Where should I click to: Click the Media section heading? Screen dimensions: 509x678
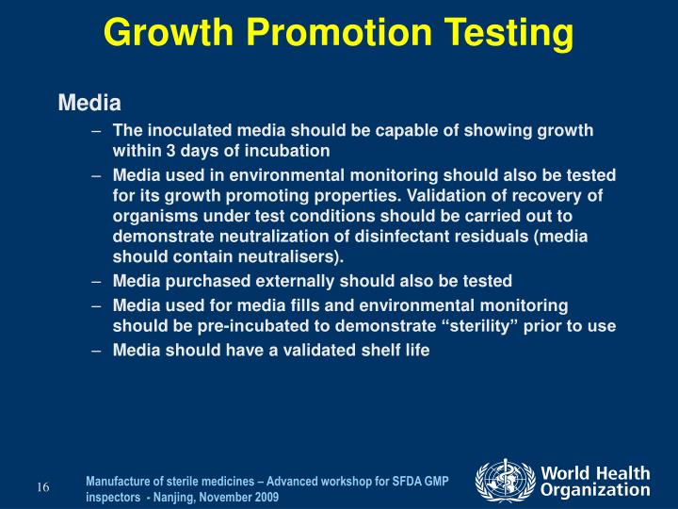tap(90, 102)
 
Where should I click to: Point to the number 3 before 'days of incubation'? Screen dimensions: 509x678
tap(170, 151)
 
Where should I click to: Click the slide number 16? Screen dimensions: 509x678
tap(43, 487)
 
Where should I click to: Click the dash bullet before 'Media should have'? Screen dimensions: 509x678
tap(97, 350)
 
